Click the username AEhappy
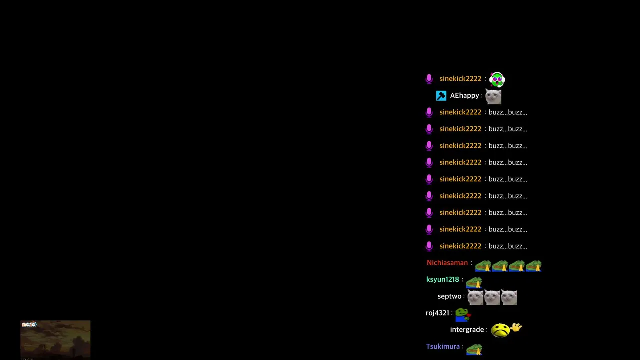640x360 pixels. click(464, 95)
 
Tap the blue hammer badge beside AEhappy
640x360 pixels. click(441, 96)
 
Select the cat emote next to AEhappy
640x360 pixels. click(493, 96)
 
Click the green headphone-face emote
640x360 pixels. click(497, 79)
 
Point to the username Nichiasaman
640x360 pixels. click(447, 263)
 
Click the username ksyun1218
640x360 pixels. click(443, 279)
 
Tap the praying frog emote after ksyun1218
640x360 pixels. click(474, 282)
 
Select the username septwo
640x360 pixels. click(449, 296)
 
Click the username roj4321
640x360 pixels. click(437, 313)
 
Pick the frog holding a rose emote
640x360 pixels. click(463, 315)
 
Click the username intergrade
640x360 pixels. click(467, 330)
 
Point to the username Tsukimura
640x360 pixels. click(443, 346)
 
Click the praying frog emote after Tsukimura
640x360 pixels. click(474, 349)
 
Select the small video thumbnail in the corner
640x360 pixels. click(55, 339)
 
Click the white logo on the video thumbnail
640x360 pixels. click(29, 324)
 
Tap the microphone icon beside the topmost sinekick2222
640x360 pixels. click(429, 79)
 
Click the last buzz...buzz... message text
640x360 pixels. click(508, 246)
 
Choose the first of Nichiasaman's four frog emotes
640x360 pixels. click(483, 266)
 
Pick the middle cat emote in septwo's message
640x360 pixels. click(492, 297)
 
